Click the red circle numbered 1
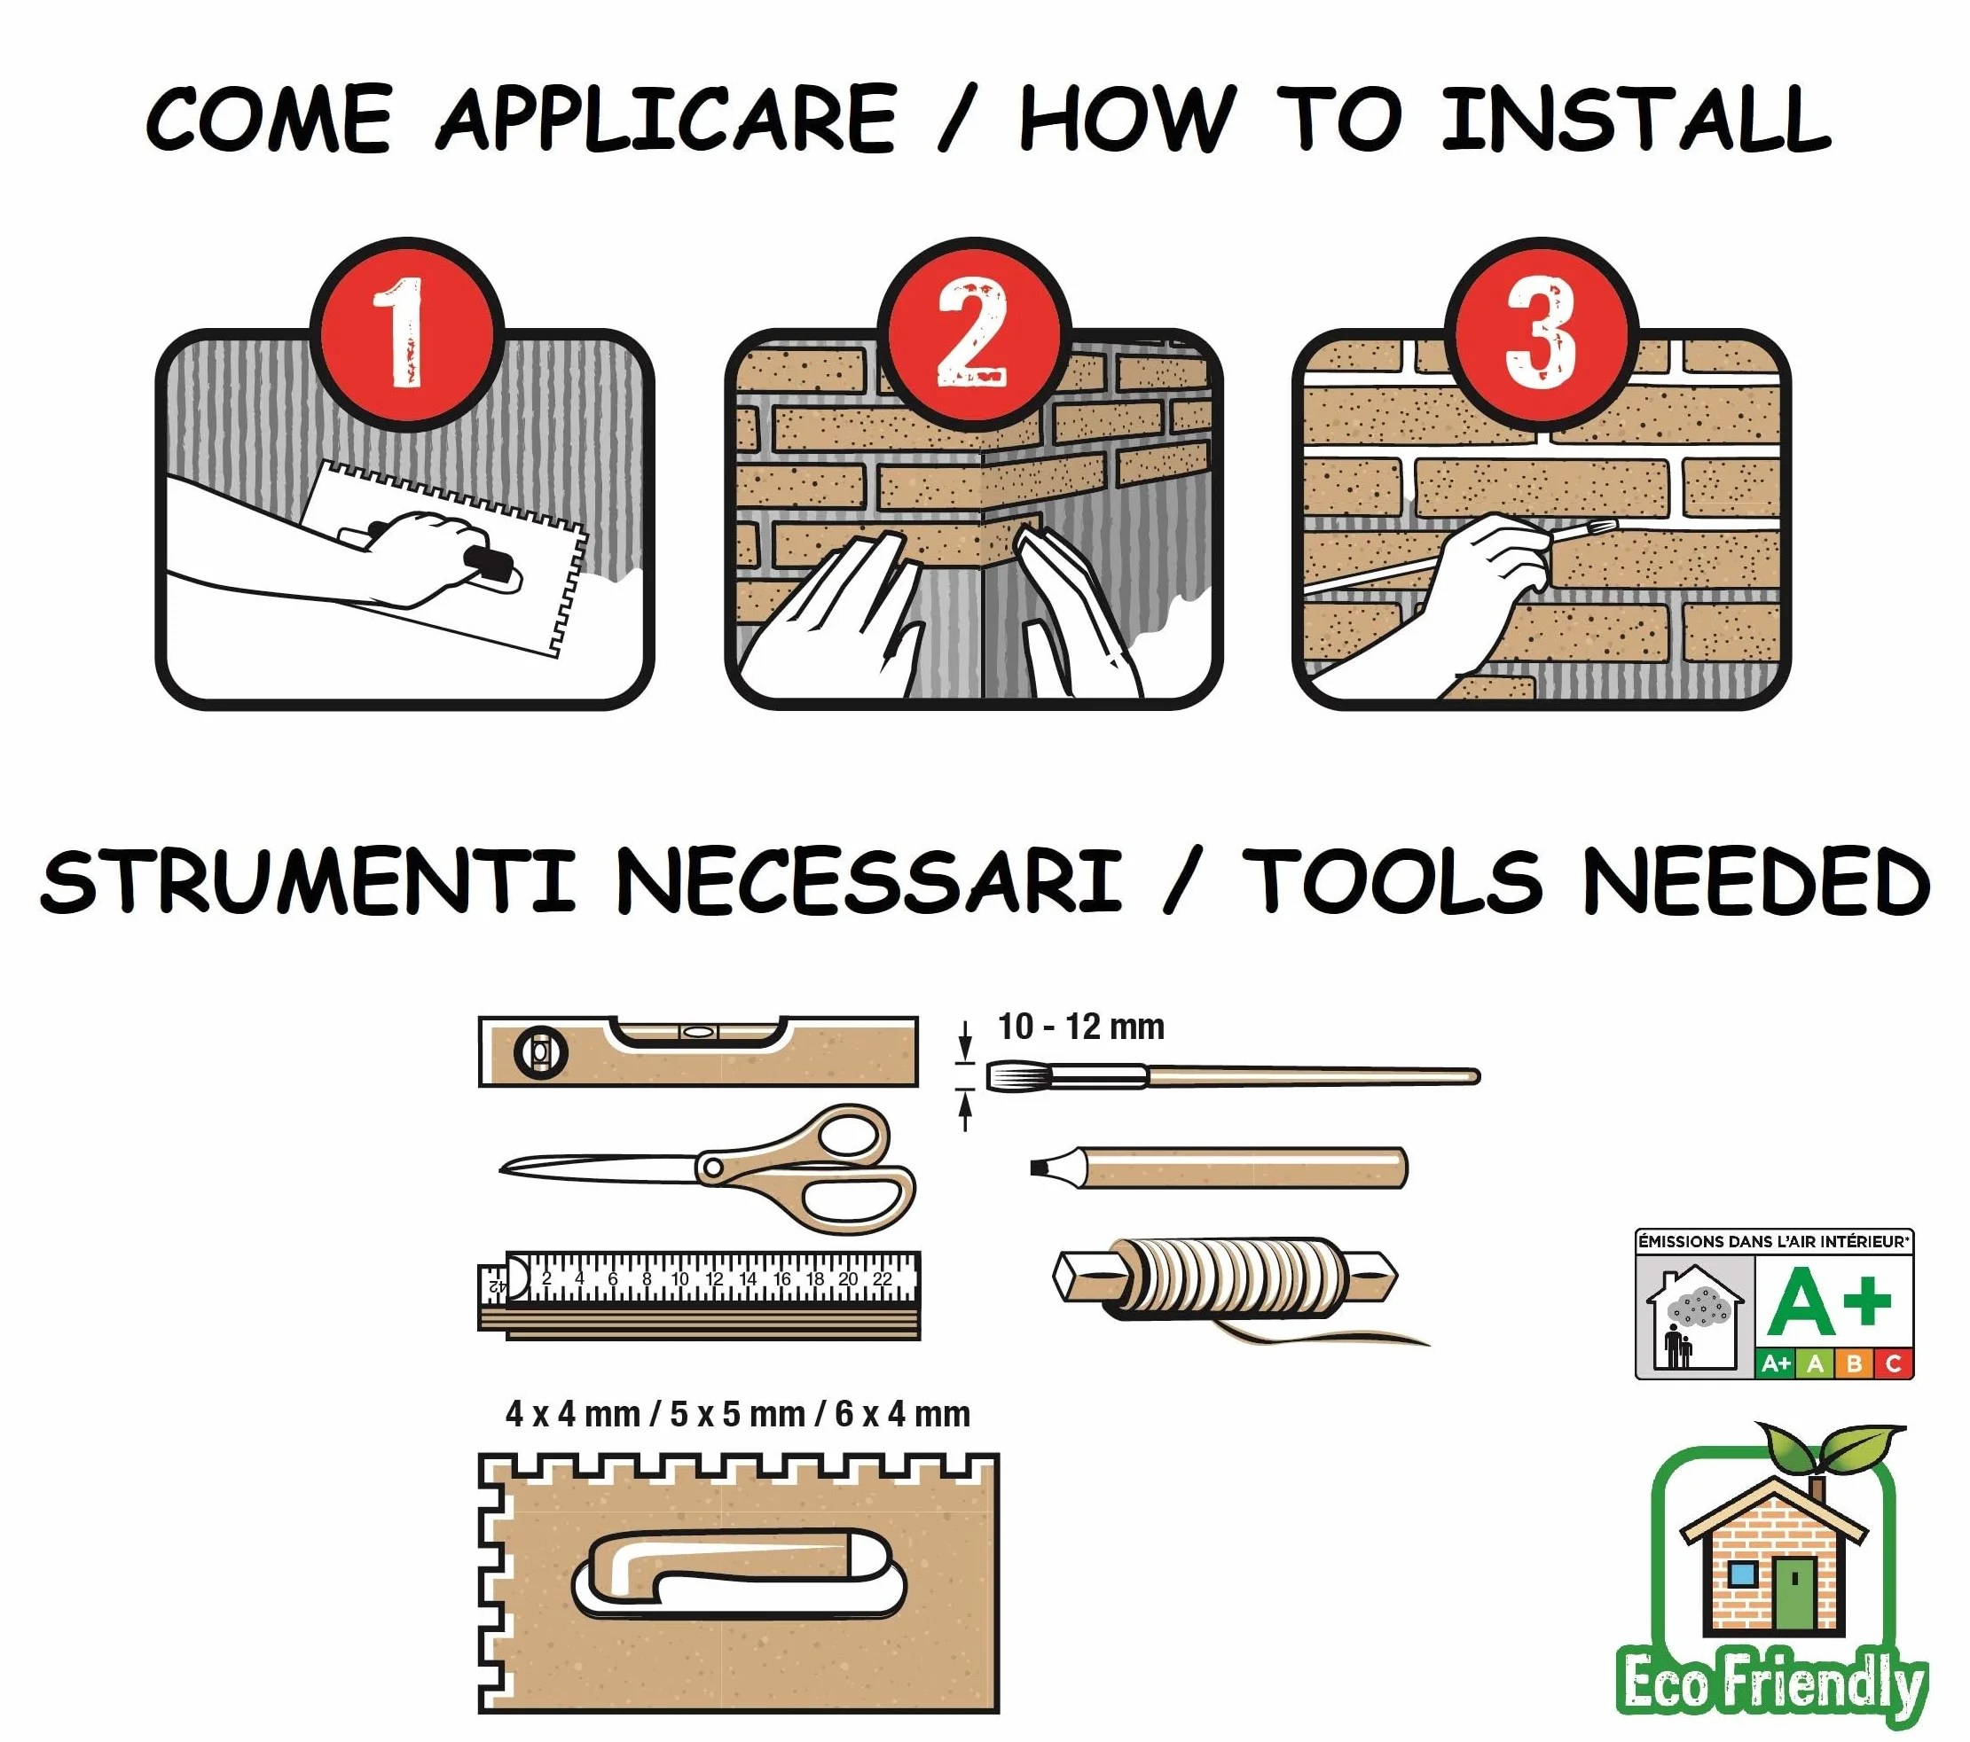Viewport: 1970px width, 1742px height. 408,333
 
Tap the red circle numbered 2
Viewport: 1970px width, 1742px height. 975,333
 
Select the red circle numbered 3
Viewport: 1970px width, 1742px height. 1542,333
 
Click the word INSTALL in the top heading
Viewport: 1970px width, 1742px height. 1636,120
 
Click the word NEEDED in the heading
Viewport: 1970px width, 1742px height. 1757,879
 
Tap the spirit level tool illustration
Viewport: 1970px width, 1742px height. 698,1051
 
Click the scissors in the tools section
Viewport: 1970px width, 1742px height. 709,1168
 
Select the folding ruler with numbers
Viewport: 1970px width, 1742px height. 699,1295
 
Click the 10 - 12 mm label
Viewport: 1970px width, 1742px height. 1081,1027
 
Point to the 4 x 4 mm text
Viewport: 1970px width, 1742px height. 572,1414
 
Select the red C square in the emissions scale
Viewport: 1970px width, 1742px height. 1893,1364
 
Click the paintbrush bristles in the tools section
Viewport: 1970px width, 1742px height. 1009,1076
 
